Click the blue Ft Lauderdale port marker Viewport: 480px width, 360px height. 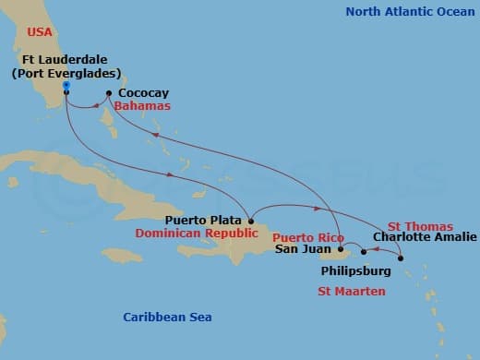pos(66,88)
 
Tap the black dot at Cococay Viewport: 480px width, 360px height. pos(109,93)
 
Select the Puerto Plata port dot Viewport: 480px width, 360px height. pos(250,220)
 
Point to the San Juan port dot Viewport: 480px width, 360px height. pos(341,248)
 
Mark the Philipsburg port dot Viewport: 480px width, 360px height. pos(364,252)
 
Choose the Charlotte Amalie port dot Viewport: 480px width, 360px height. pos(401,258)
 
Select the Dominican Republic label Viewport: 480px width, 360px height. pos(193,234)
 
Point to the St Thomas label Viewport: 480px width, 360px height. pos(420,226)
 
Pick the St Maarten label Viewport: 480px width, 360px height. pos(352,292)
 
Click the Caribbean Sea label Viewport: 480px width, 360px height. pos(167,318)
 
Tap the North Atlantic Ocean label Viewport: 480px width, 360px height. pos(407,11)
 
